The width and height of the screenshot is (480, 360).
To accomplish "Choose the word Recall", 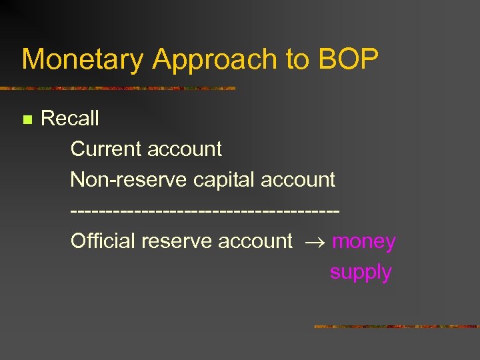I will tap(69, 119).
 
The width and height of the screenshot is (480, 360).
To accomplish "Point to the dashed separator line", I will tap(205, 211).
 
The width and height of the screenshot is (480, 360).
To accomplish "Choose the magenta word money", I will tap(363, 241).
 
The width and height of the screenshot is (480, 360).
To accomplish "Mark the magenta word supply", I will tap(360, 272).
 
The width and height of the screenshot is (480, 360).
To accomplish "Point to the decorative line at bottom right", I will tap(396, 327).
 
